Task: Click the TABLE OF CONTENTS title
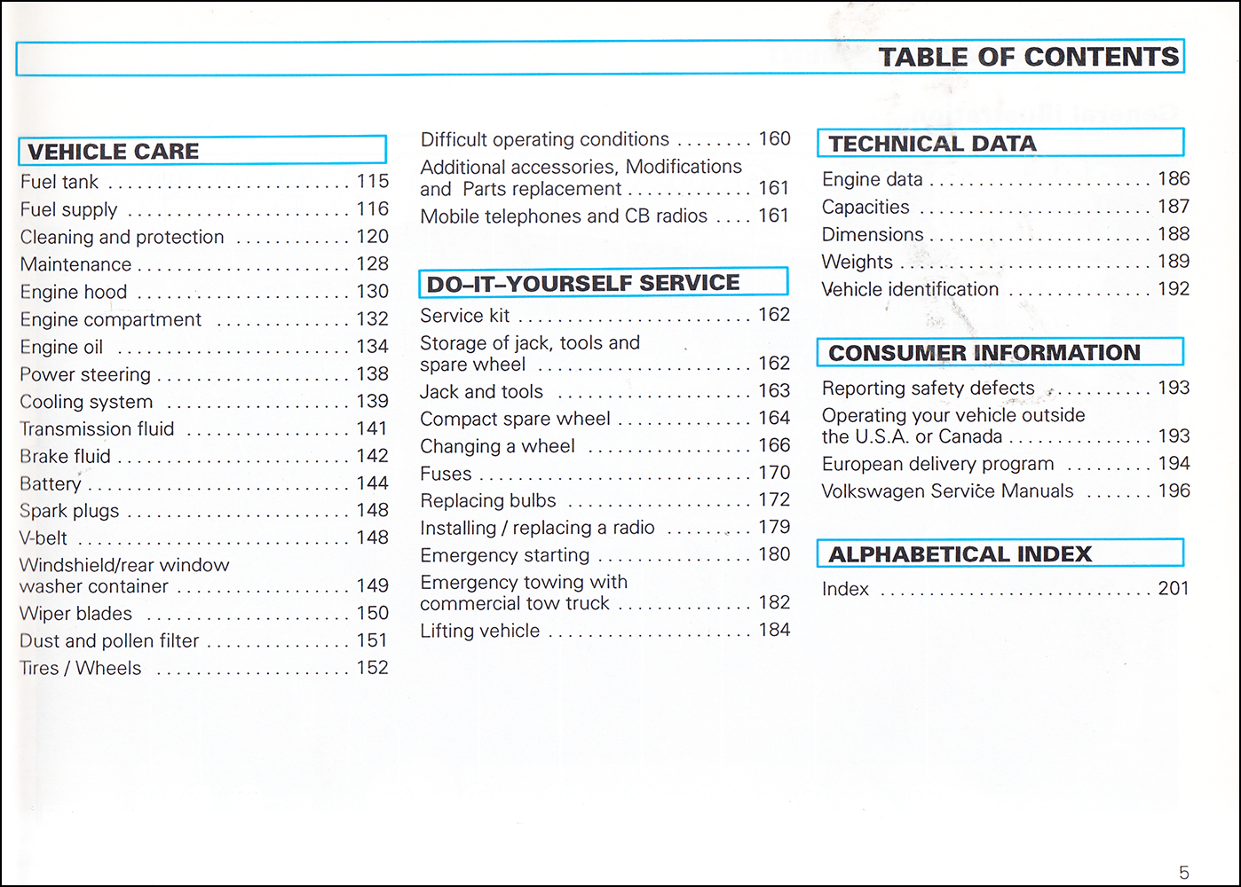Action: coord(1029,57)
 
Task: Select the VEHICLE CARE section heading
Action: coord(113,151)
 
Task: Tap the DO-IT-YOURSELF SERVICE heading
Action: coord(583,283)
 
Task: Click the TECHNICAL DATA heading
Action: coord(932,144)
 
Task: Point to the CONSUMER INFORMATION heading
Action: coord(984,353)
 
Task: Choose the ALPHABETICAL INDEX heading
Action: coord(960,553)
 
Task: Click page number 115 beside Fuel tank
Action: coord(372,181)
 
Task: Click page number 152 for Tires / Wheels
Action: coord(372,667)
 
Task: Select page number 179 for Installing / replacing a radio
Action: coord(774,527)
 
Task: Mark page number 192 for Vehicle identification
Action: coord(1174,288)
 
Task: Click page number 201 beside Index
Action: coord(1174,588)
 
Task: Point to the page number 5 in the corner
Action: coord(1184,873)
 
